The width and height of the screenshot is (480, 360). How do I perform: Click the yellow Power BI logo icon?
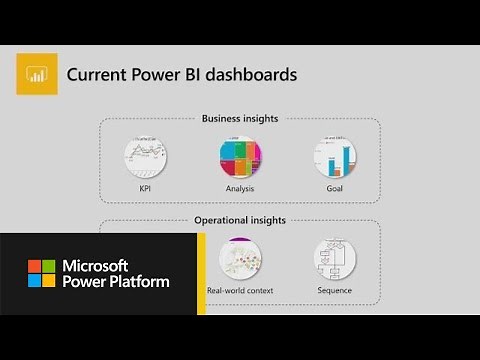pyautogui.click(x=35, y=75)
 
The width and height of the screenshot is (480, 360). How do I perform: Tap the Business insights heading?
pyautogui.click(x=240, y=118)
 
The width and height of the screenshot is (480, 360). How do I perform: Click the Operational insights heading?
pyautogui.click(x=240, y=220)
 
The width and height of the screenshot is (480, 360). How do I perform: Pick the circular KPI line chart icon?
pyautogui.click(x=145, y=155)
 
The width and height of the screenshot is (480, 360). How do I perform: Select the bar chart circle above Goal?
pyautogui.click(x=334, y=155)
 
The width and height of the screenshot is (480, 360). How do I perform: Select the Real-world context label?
pyautogui.click(x=240, y=290)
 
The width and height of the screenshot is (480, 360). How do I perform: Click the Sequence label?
pyautogui.click(x=334, y=290)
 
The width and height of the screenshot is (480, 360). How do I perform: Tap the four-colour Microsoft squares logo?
pyautogui.click(x=41, y=273)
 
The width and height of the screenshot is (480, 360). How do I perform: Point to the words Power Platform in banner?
pyautogui.click(x=115, y=282)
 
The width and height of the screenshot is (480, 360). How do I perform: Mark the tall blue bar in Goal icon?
pyautogui.click(x=346, y=159)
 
